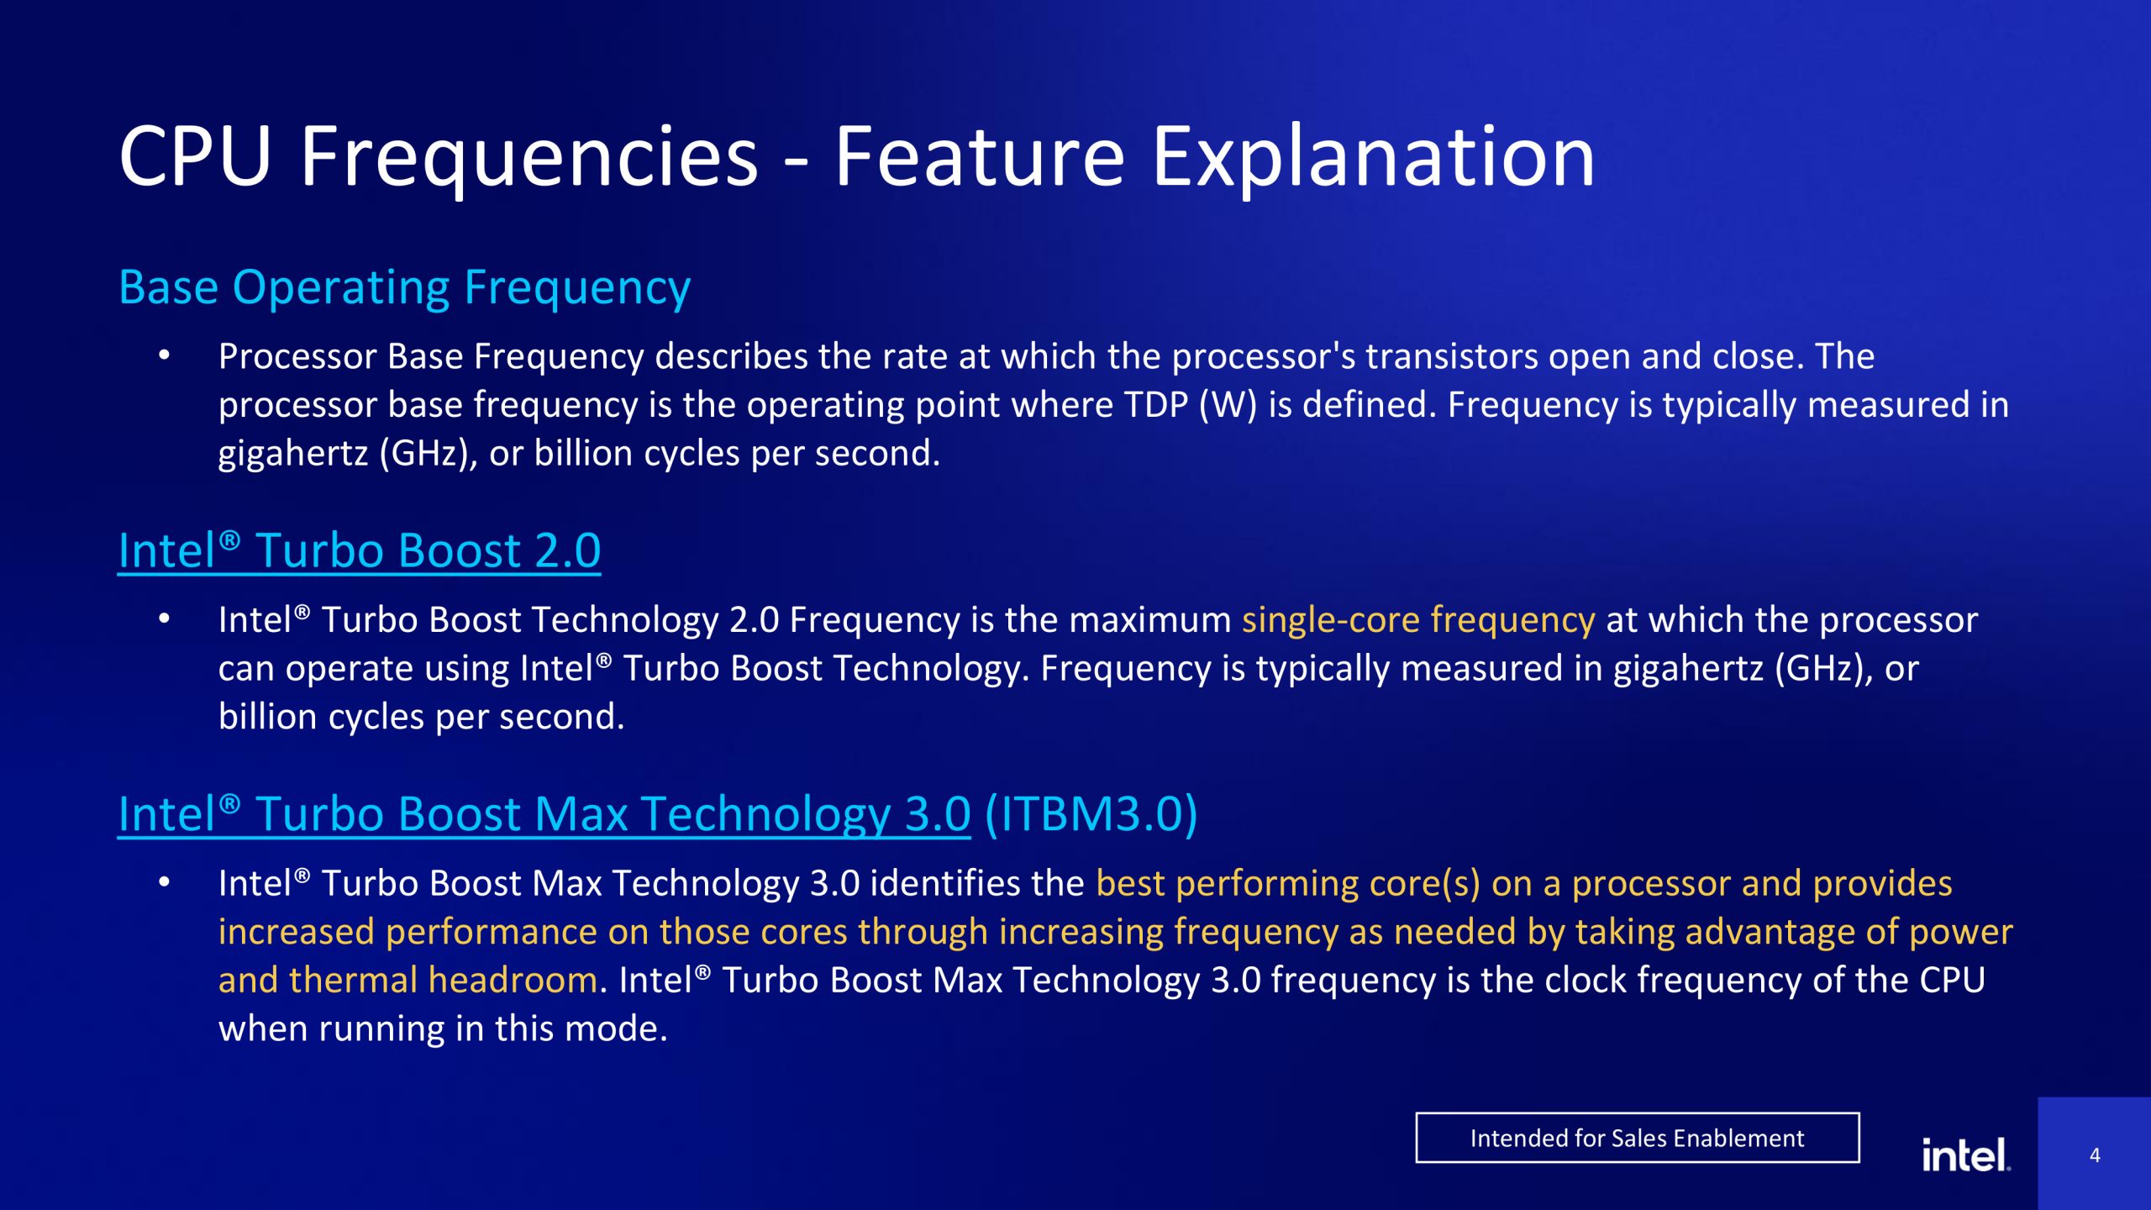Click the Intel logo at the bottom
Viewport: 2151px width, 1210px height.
1966,1155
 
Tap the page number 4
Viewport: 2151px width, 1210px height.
2095,1155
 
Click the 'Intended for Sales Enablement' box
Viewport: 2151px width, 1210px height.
1637,1138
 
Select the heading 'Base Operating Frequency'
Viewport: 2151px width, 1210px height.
404,288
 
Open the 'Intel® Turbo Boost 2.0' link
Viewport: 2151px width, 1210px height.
360,551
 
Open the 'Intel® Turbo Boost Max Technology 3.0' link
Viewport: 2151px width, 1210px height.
544,814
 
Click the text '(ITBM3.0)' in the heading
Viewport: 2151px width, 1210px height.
1091,814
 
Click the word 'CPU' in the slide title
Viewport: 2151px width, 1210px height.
195,156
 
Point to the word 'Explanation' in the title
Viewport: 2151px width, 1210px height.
1373,158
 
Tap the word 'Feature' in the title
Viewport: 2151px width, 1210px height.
979,156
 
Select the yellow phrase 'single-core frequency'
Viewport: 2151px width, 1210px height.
1418,620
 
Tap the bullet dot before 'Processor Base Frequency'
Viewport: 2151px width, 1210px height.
165,356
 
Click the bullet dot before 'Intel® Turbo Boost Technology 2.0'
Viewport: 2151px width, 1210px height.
165,619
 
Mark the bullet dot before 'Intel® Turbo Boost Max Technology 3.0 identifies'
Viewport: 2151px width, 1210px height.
165,882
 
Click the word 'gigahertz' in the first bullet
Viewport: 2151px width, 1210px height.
293,455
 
